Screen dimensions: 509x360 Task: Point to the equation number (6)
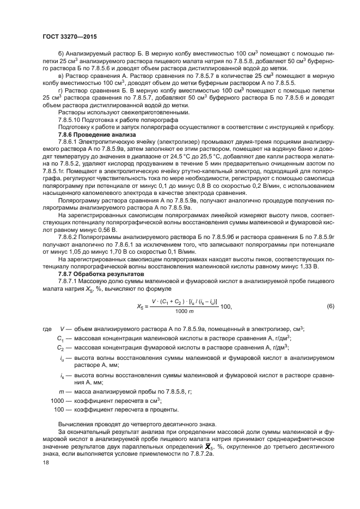coord(330,306)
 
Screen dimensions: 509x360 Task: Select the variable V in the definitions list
coord(63,329)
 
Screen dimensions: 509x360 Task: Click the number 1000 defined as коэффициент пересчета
coord(57,400)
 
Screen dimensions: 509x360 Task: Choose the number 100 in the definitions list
coord(59,409)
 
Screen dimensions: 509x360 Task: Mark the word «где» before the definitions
coord(46,329)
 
